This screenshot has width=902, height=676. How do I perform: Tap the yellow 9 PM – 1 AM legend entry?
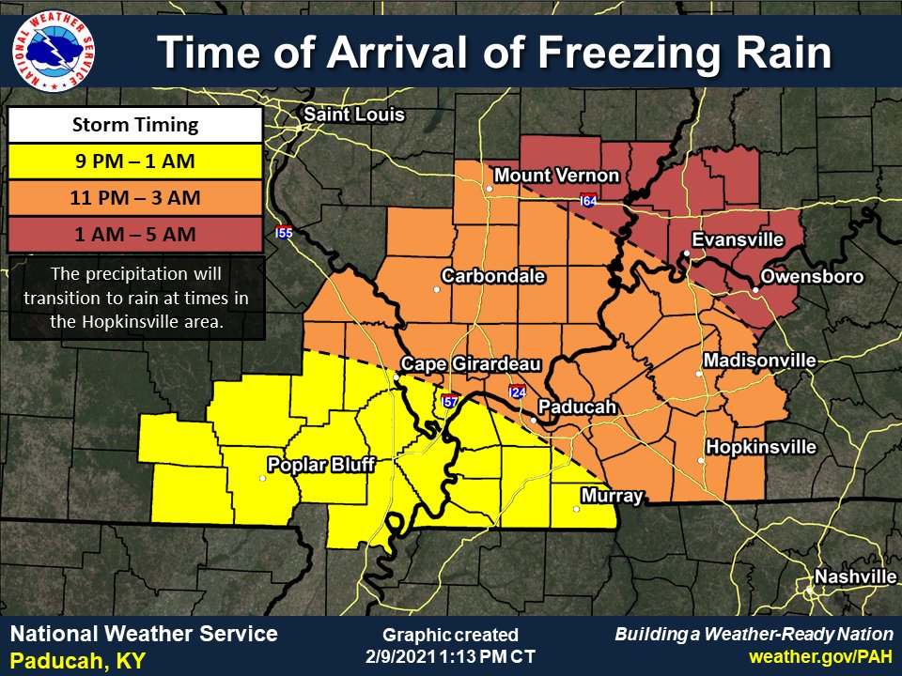click(135, 161)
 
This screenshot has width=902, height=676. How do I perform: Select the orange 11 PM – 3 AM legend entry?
click(135, 198)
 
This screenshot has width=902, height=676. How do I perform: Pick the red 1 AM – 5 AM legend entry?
click(135, 234)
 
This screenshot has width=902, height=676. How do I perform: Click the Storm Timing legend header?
click(135, 125)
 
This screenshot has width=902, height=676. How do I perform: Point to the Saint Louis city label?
click(352, 115)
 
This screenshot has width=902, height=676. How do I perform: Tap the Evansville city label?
click(738, 240)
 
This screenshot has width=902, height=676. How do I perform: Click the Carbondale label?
click(493, 276)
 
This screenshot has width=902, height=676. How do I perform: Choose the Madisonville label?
click(759, 361)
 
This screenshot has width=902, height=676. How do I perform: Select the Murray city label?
click(612, 496)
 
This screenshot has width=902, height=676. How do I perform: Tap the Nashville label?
click(855, 576)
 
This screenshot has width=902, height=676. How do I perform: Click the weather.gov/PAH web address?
click(820, 653)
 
